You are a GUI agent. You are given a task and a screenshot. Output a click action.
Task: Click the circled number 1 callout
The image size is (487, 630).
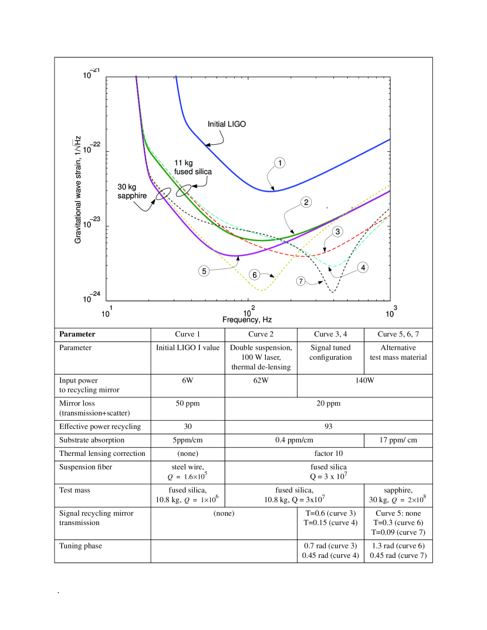[x=280, y=163]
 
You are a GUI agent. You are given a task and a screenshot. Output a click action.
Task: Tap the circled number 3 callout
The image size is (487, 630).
[x=337, y=231]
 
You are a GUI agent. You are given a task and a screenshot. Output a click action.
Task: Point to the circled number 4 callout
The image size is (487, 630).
[x=363, y=267]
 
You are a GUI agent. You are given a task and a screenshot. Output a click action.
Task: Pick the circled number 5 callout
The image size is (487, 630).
[x=204, y=271]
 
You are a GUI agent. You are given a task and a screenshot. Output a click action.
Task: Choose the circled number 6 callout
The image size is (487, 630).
[x=254, y=274]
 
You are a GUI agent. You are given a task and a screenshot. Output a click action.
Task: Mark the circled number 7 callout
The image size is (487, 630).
[x=301, y=281]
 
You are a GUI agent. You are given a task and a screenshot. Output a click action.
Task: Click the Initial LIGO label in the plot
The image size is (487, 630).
[x=227, y=124]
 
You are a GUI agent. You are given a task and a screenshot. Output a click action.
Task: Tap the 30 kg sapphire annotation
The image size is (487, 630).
[x=132, y=192]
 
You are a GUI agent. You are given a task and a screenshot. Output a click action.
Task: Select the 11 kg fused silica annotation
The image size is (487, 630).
[x=193, y=167]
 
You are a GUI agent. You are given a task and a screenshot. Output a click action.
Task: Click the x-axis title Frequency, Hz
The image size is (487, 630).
[x=247, y=319]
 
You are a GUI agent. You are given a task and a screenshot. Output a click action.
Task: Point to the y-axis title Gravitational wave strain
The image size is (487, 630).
[x=78, y=189]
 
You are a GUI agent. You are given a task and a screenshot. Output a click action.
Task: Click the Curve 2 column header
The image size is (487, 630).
[x=261, y=335]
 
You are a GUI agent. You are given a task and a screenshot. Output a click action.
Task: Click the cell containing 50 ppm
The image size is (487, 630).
[x=188, y=403]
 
